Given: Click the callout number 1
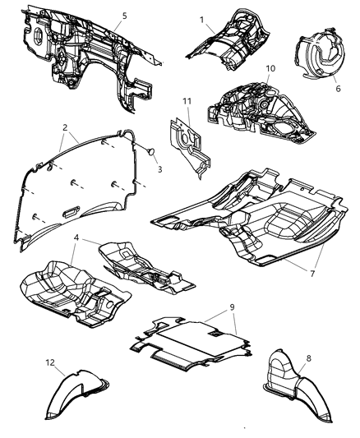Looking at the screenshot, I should [201, 17].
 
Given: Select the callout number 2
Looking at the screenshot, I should [64, 127].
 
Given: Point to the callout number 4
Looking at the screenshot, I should [76, 238].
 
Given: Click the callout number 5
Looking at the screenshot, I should [125, 16].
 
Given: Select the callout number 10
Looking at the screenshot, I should [271, 68].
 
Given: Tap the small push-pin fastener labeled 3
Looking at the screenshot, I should [150, 152].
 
